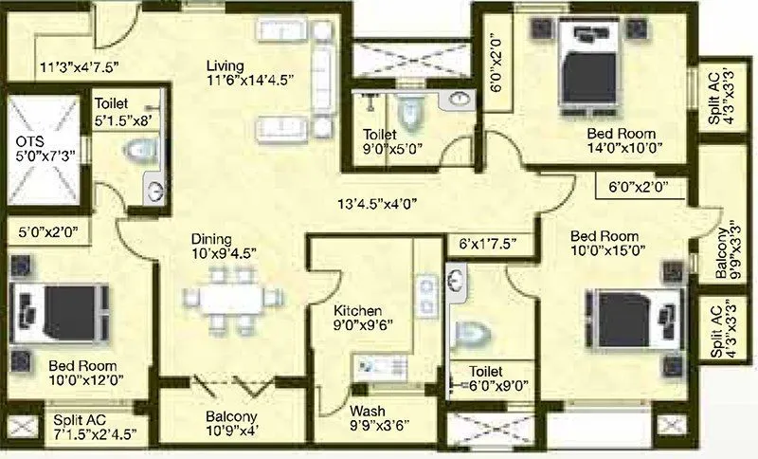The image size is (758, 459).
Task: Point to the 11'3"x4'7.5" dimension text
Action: click(x=78, y=67)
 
